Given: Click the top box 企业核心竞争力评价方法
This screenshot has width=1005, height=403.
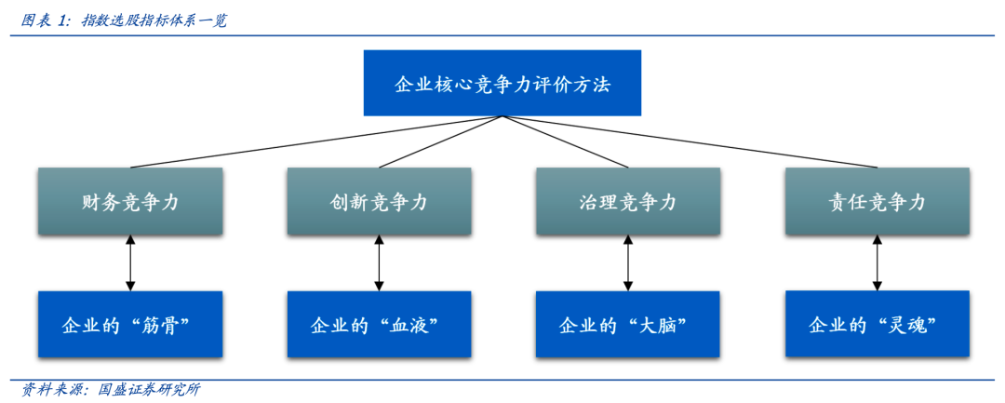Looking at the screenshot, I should click(502, 83).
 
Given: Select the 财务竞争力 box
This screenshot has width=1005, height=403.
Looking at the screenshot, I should click(129, 201).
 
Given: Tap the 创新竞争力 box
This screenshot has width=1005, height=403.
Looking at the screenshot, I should click(378, 201).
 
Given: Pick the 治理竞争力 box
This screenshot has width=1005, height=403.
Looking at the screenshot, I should click(627, 201).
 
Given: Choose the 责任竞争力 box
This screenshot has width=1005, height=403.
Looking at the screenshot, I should click(877, 201).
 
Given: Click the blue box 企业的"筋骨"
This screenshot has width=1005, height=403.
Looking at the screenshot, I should click(129, 324).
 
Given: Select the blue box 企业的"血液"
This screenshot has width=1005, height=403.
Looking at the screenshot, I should click(378, 324).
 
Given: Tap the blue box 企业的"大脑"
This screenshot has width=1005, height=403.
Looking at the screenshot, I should click(627, 324).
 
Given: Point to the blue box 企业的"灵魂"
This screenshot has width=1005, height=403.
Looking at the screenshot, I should click(877, 324).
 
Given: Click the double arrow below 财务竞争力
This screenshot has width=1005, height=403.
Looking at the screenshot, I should click(130, 262).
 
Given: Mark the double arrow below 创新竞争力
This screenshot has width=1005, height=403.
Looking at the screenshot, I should click(379, 262).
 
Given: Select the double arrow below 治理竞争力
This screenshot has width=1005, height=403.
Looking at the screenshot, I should click(628, 262).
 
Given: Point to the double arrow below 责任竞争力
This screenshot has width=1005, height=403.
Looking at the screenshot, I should click(878, 262).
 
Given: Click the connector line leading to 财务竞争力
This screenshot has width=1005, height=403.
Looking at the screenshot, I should click(316, 141).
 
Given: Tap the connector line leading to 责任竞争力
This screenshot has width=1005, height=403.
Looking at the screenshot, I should click(689, 141).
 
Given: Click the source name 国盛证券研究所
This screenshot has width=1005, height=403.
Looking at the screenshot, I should click(148, 390).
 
